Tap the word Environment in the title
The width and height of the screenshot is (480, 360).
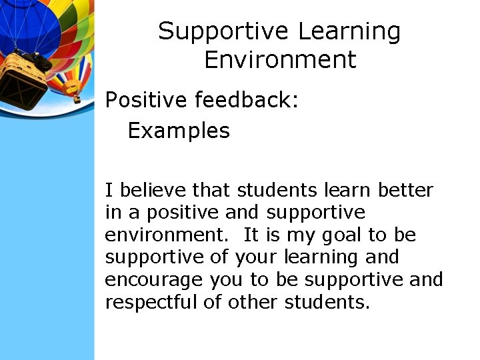click(280, 60)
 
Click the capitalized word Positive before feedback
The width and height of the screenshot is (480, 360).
click(146, 100)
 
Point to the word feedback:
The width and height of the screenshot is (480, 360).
click(247, 100)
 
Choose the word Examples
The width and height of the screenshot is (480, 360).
click(178, 130)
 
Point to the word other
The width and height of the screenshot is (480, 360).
click(254, 302)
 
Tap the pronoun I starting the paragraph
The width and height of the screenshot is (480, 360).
click(109, 191)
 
